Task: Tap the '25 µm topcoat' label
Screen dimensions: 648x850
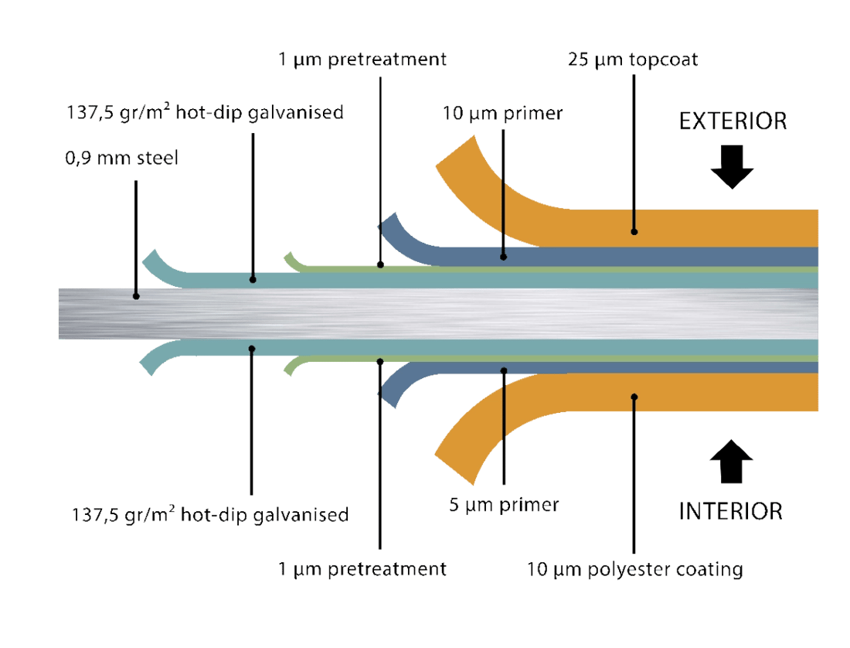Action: coord(633,60)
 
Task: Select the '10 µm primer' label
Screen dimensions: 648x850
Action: coord(503,113)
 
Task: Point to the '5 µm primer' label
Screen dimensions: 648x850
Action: coord(503,506)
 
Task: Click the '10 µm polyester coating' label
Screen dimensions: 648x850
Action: coord(634,570)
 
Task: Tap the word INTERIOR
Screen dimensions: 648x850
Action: coord(731,511)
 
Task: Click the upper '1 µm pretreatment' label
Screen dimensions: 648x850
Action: coord(362,60)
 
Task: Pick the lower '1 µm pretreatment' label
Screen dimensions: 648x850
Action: coord(362,570)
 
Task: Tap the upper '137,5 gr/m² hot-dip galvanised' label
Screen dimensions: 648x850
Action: coord(203,113)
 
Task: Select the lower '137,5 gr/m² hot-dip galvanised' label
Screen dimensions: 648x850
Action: coord(209,513)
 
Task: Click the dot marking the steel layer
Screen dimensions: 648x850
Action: coord(136,295)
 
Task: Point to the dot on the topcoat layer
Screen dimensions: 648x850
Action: coord(634,230)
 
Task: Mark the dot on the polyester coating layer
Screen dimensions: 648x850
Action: coord(634,397)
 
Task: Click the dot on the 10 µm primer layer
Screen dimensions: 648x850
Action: coord(503,255)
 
